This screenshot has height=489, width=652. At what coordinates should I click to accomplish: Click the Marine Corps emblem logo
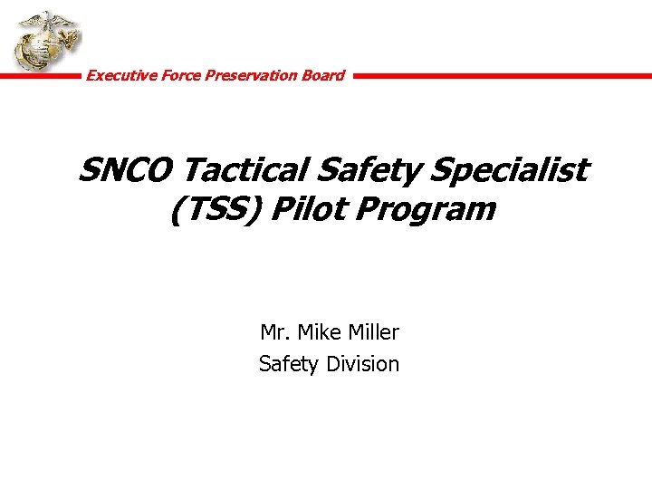click(x=44, y=43)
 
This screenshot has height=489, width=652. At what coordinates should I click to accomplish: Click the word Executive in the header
click(x=115, y=75)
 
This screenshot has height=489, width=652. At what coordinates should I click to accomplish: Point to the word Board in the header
click(x=323, y=75)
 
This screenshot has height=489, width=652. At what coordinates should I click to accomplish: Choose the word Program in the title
click(x=427, y=210)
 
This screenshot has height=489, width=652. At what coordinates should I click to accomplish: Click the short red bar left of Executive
click(x=40, y=76)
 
